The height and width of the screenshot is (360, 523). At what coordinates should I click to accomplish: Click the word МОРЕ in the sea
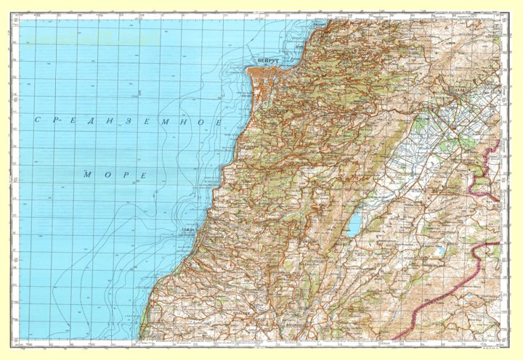115,175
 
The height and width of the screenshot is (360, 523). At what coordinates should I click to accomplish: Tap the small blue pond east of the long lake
439,252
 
